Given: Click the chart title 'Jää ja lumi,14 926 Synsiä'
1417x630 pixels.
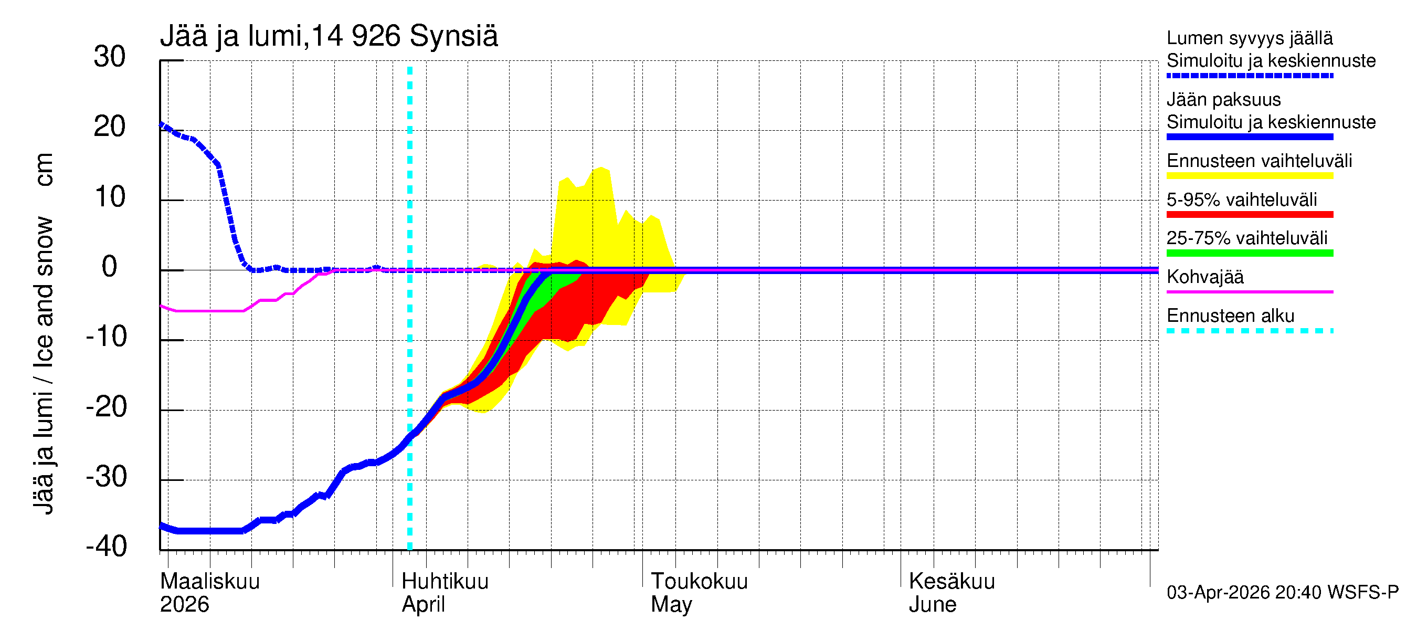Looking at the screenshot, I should (x=329, y=36).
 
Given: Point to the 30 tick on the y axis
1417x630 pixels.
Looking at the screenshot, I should (x=110, y=57).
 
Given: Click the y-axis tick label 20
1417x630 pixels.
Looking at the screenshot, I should (x=110, y=127).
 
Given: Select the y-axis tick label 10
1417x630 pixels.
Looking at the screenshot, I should (x=110, y=197).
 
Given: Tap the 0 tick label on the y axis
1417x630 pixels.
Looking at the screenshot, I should (x=110, y=267).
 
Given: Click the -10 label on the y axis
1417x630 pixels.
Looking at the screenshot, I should (x=106, y=337).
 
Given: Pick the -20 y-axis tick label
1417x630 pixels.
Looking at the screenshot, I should (x=106, y=407).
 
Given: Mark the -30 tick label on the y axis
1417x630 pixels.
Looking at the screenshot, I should (x=106, y=477).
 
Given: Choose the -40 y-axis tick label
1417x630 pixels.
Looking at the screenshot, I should (x=106, y=547).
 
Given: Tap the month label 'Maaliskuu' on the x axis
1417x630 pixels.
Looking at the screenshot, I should (x=209, y=582).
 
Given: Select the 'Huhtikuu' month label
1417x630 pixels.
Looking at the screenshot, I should (x=445, y=582).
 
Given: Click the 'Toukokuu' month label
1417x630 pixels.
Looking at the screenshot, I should (x=699, y=582).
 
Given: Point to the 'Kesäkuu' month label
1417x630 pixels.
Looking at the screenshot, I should (x=951, y=582).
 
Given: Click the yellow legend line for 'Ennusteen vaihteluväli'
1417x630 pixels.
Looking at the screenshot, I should (x=1249, y=176).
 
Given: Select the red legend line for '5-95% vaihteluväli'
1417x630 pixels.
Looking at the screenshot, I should (x=1249, y=215).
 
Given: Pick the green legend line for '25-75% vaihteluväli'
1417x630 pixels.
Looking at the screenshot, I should (x=1249, y=253).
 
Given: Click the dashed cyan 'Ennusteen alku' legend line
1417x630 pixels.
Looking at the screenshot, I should (x=1249, y=331).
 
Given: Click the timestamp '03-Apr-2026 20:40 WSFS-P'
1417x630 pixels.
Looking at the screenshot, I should (x=1282, y=593).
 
